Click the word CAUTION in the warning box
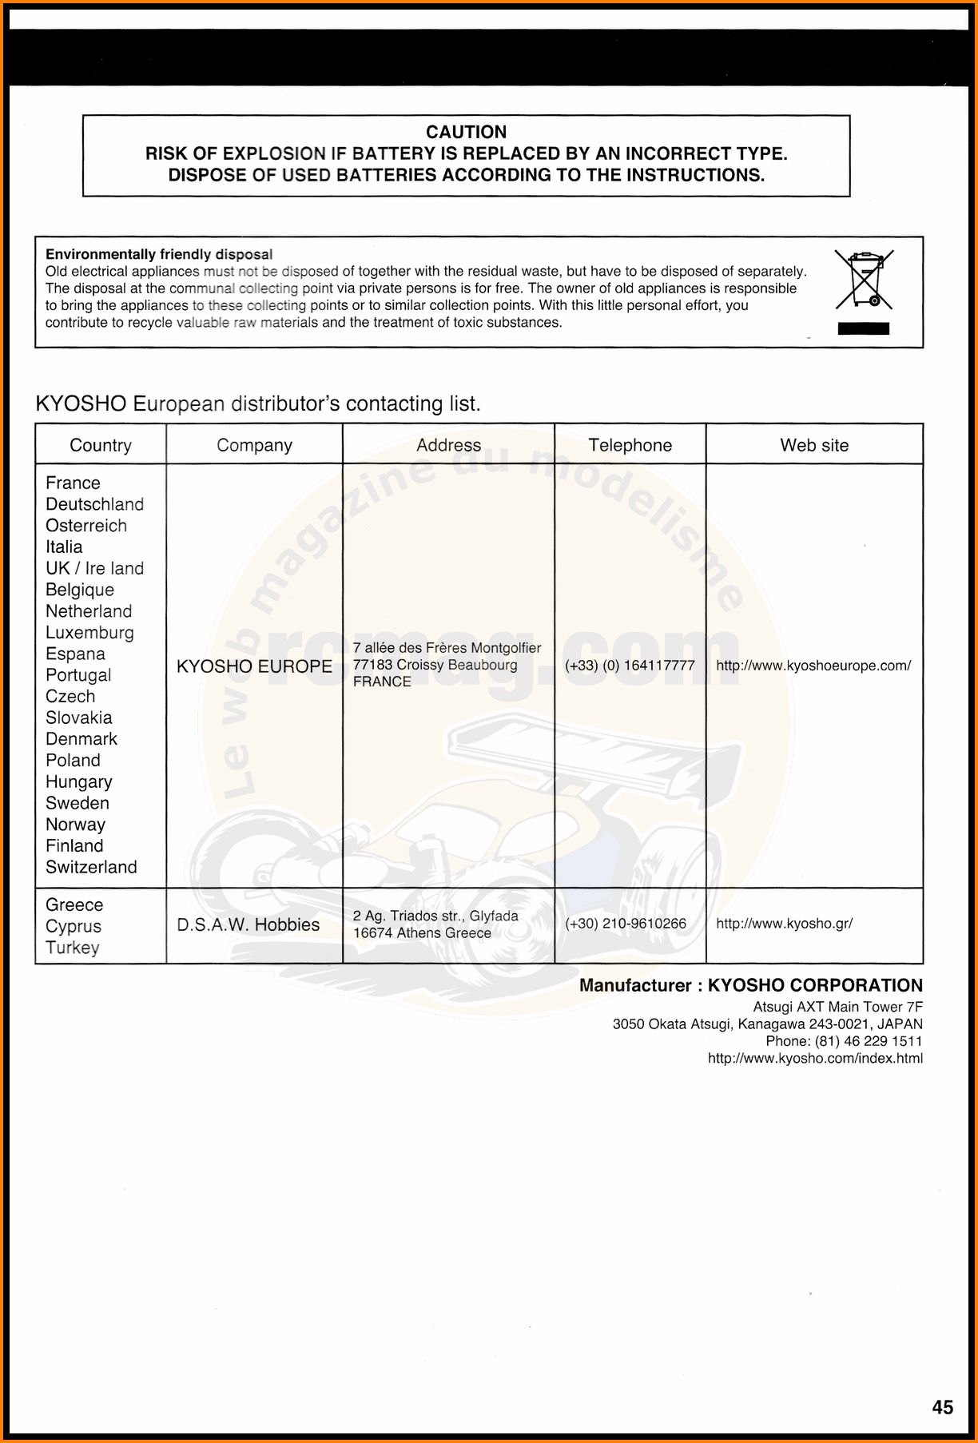coord(466,132)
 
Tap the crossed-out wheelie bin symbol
coord(864,280)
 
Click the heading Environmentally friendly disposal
coord(159,254)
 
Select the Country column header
coord(101,445)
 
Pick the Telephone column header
coord(630,445)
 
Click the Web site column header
coord(814,445)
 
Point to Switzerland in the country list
coord(91,867)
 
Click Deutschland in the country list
coord(94,504)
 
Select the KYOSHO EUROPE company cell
coord(254,666)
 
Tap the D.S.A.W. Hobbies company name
coord(248,924)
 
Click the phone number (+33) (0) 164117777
coord(630,666)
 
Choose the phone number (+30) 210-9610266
coord(625,924)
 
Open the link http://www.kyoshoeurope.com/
coord(813,666)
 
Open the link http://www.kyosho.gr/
coord(784,924)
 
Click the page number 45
coord(942,1407)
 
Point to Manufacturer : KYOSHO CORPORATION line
coord(750,985)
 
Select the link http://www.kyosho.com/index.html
coord(815,1059)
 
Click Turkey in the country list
coord(73,948)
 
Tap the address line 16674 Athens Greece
coord(422,933)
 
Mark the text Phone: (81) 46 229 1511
coord(844,1041)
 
